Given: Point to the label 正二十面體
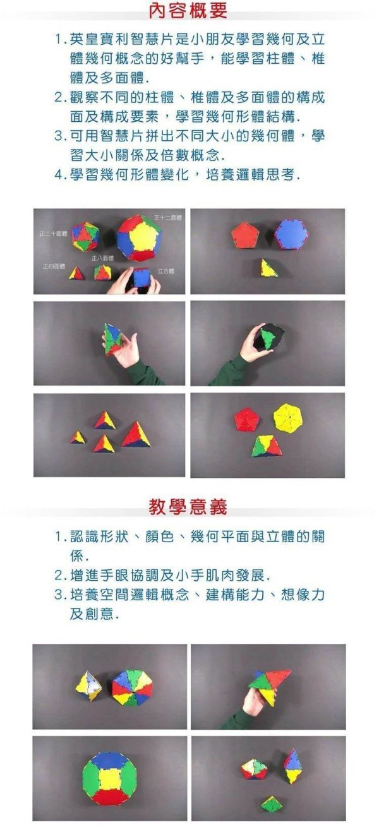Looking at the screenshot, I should tap(53, 233).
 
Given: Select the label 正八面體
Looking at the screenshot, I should tap(103, 258).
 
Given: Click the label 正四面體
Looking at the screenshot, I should tap(54, 266).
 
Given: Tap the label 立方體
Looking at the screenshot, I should tap(165, 271).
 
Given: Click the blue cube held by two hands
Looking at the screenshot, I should tap(141, 278).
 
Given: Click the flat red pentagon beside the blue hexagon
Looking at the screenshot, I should tap(245, 235).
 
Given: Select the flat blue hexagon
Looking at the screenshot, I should tap(291, 235).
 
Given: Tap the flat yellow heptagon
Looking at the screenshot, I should tap(287, 418).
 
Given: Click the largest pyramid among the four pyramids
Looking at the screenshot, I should tap(136, 435).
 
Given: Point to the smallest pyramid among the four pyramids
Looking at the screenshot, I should tap(78, 437).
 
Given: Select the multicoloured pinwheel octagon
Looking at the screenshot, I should tap(132, 687).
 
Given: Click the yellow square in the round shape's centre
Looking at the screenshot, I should tap(109, 779).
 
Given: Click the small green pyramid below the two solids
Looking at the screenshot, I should tap(271, 804).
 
